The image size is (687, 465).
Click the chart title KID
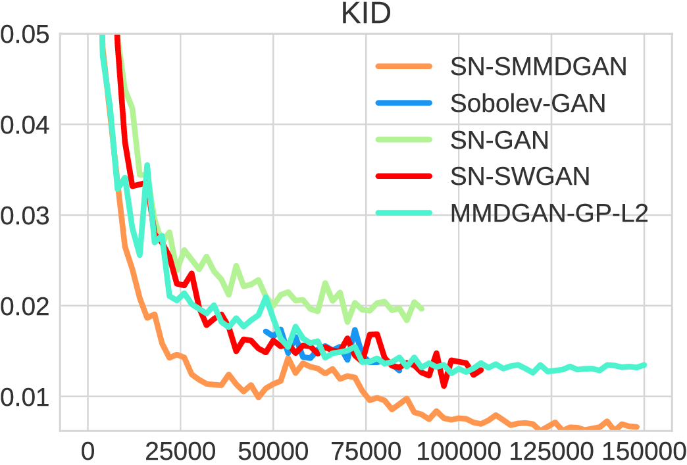pyautogui.click(x=366, y=14)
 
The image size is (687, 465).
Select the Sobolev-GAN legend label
pyautogui.click(x=528, y=103)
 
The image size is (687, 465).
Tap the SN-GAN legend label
pyautogui.click(x=500, y=139)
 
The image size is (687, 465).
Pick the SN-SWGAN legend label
pyautogui.click(x=520, y=176)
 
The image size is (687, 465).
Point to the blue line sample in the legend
pyautogui.click(x=403, y=103)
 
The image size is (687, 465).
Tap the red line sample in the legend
pyautogui.click(x=403, y=176)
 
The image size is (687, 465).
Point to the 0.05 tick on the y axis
pyautogui.click(x=24, y=34)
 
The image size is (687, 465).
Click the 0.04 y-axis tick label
pyautogui.click(x=24, y=124)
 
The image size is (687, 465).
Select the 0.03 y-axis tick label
pyautogui.click(x=24, y=215)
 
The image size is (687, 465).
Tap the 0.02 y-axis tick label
pyautogui.click(x=24, y=306)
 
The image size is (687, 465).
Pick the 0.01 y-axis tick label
pyautogui.click(x=24, y=397)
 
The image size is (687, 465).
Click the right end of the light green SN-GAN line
pyautogui.click(x=422, y=308)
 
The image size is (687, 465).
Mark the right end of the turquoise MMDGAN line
pyautogui.click(x=645, y=364)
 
